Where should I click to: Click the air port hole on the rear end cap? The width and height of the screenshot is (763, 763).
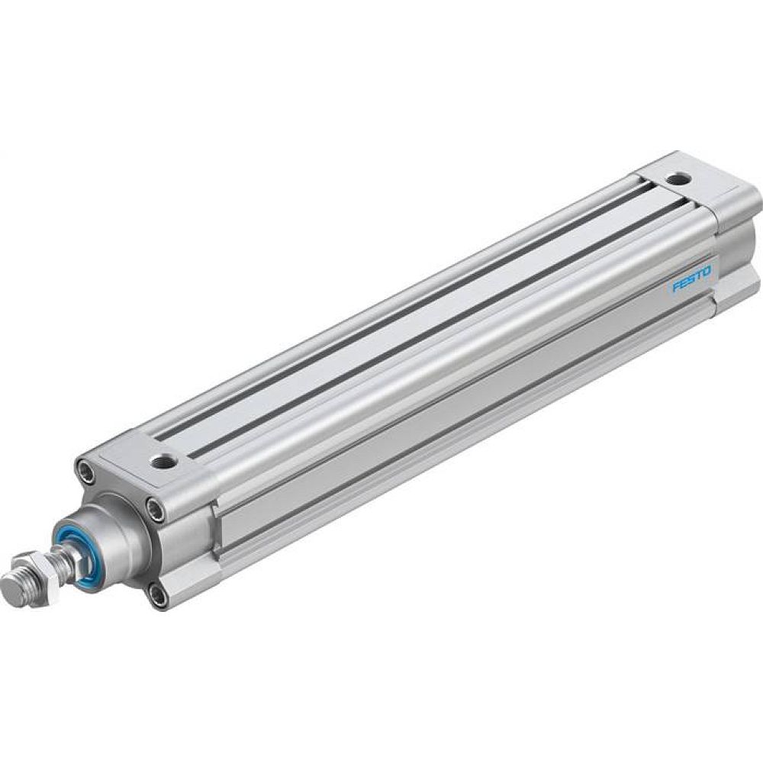pyautogui.click(x=676, y=179)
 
